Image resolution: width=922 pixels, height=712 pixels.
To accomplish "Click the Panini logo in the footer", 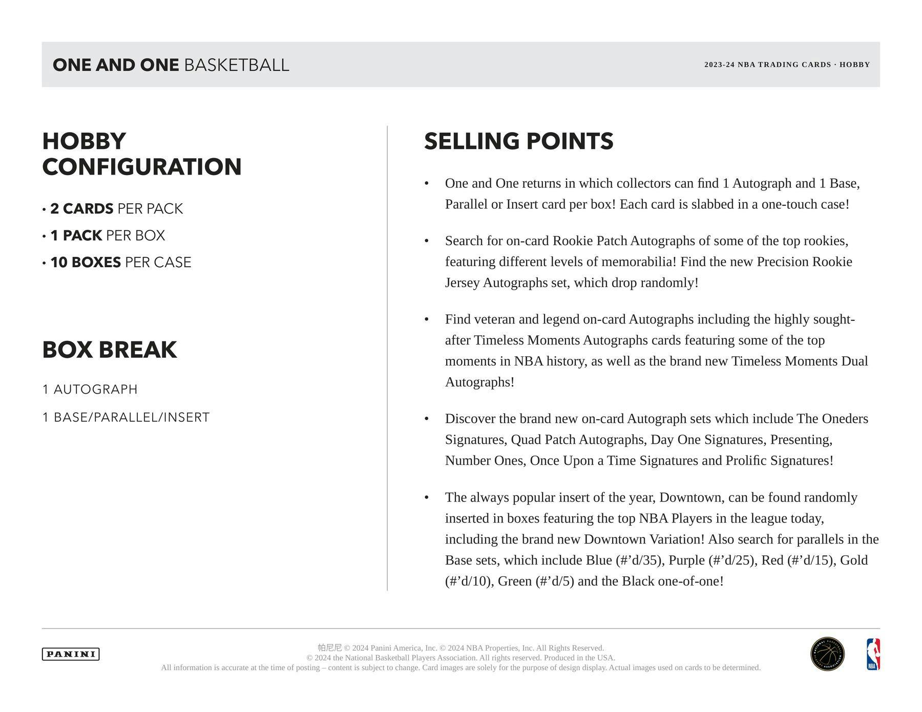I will (x=71, y=654).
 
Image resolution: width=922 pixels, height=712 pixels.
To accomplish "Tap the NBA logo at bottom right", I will (x=873, y=654).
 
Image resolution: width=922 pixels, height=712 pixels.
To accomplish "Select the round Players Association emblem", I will (x=827, y=654).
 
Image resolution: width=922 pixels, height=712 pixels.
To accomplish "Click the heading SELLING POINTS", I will (x=518, y=141).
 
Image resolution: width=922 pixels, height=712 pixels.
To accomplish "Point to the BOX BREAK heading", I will (x=110, y=350).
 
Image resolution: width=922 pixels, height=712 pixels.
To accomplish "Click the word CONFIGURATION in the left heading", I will (x=142, y=167).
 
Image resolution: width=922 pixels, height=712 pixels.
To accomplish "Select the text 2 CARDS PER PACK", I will (x=116, y=209).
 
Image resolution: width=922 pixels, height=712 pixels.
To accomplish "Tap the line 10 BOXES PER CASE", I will (x=120, y=263).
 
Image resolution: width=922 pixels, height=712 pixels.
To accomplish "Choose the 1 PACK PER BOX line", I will (x=108, y=235).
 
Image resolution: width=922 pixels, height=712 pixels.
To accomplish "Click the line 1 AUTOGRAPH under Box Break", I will (x=90, y=390).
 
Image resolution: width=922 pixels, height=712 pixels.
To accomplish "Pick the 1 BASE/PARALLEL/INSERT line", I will (x=126, y=418).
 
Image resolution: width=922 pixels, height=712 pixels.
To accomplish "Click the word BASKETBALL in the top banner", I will (x=237, y=65).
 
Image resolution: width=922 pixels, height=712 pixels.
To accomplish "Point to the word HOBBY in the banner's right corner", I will (x=854, y=64).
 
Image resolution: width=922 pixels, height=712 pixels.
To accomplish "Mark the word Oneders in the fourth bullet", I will (x=845, y=419).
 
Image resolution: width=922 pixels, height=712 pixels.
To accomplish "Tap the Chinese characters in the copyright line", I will (x=329, y=648).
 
